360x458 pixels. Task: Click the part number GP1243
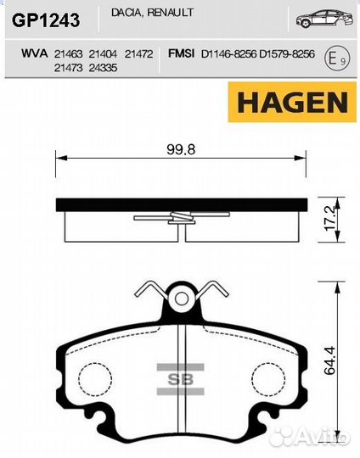click(46, 20)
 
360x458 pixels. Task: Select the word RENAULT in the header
click(170, 12)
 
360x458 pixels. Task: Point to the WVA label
click(34, 53)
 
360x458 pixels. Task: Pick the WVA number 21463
click(68, 54)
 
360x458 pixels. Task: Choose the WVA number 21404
click(103, 54)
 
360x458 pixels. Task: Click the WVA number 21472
click(139, 54)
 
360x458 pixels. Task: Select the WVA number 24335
click(103, 68)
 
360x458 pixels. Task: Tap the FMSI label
click(181, 53)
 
